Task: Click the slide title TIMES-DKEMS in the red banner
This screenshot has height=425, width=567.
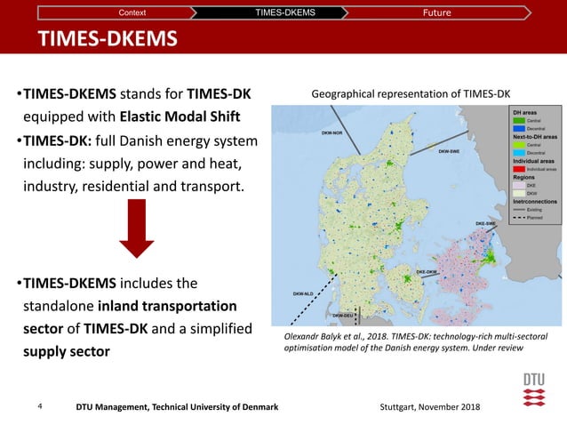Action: (x=107, y=40)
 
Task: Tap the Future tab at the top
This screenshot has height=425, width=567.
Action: (x=436, y=12)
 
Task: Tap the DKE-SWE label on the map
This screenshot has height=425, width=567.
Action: (x=485, y=223)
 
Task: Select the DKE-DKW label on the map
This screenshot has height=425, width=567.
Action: (x=428, y=270)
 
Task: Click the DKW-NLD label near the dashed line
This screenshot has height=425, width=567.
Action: (x=305, y=293)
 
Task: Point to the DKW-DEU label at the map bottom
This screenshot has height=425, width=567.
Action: (x=343, y=315)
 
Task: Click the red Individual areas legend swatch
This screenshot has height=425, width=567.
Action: (x=518, y=167)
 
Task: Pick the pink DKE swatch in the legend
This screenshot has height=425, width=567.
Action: (x=518, y=185)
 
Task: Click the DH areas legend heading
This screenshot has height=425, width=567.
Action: (x=524, y=112)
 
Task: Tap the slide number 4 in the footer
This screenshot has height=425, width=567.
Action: (x=41, y=406)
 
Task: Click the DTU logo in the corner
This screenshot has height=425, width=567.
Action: (x=533, y=391)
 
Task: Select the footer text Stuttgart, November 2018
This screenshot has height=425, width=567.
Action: (x=429, y=406)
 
